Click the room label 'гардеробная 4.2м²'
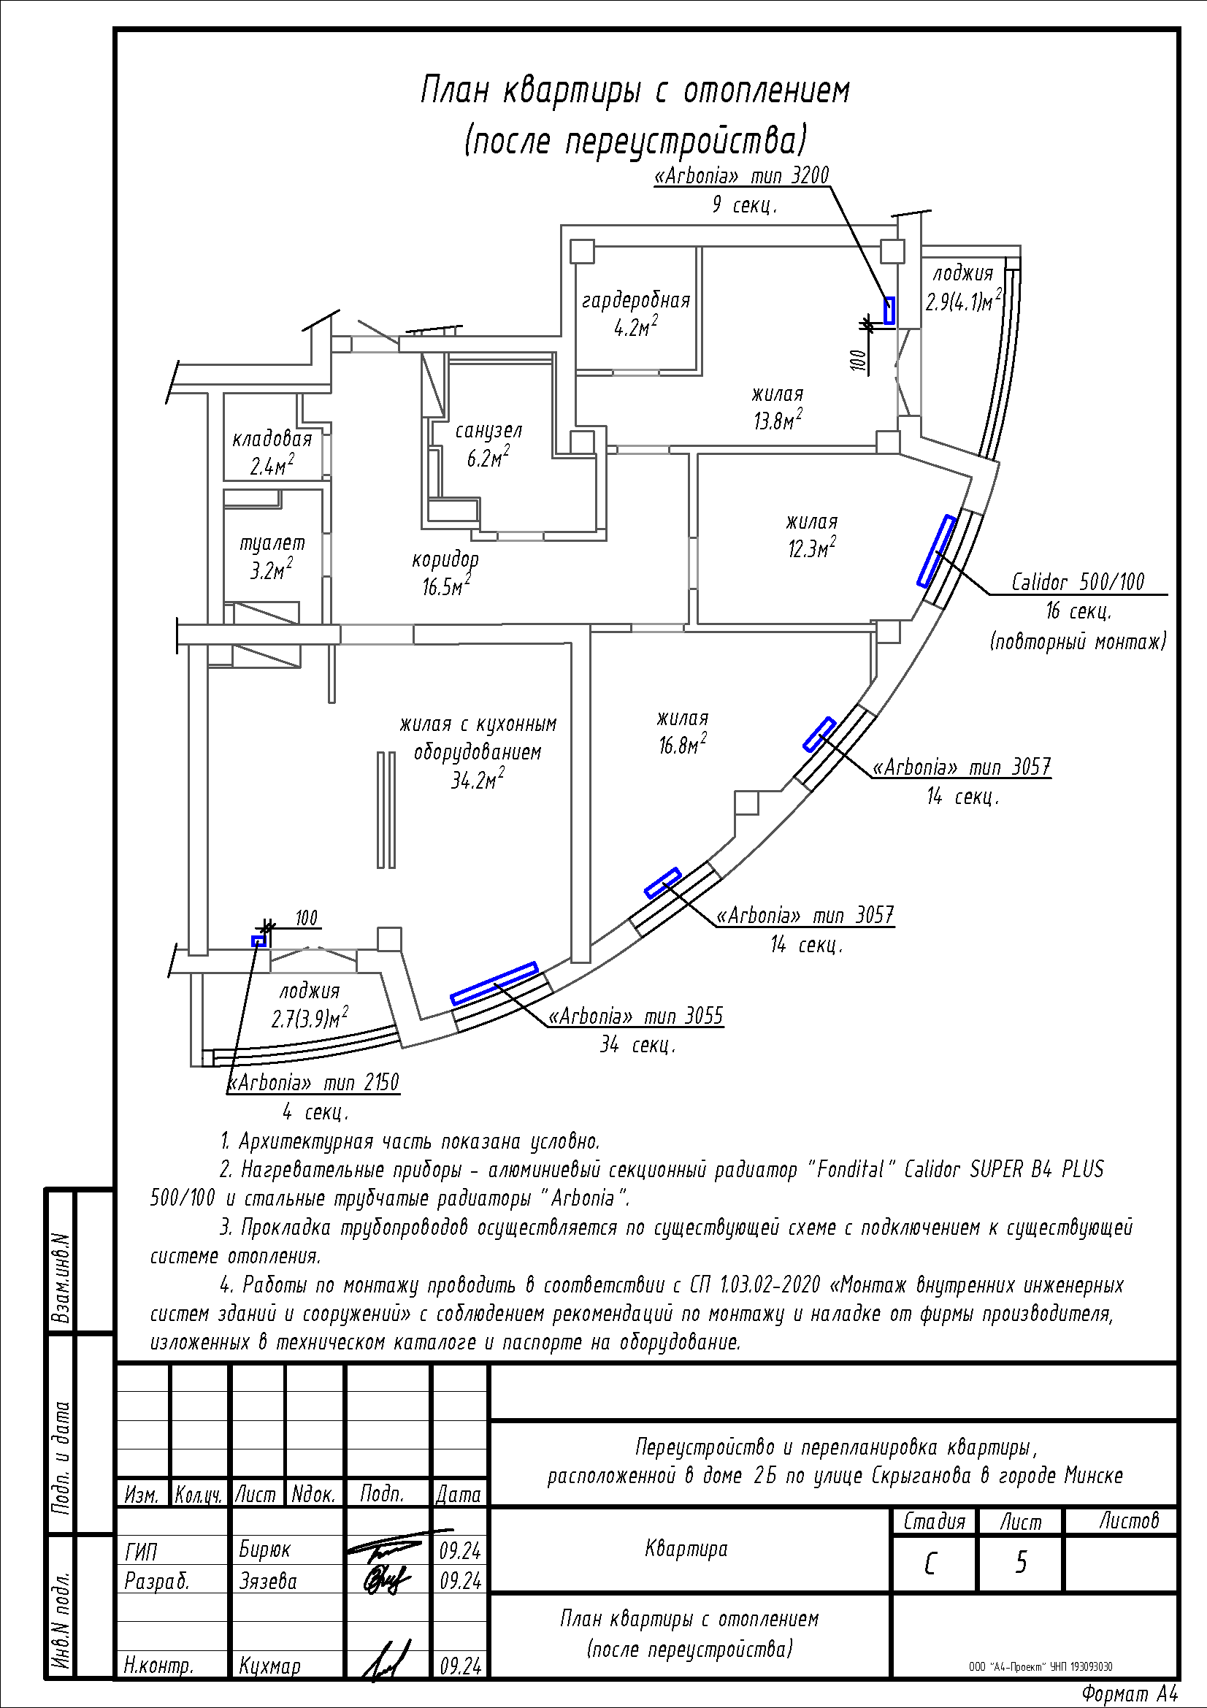click(x=636, y=313)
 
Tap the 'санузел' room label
click(x=488, y=431)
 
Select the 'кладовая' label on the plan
click(x=272, y=438)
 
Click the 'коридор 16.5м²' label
click(x=445, y=572)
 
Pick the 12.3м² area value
click(x=812, y=548)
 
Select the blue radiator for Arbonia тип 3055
click(x=494, y=984)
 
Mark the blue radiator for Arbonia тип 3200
click(x=889, y=310)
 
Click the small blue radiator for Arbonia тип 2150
click(x=258, y=941)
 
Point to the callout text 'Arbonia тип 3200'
click(x=741, y=175)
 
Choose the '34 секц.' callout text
click(x=637, y=1045)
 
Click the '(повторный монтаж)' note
click(x=1078, y=640)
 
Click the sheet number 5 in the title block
click(x=1021, y=1563)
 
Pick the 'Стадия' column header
click(x=934, y=1521)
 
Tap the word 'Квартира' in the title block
click(x=686, y=1549)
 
